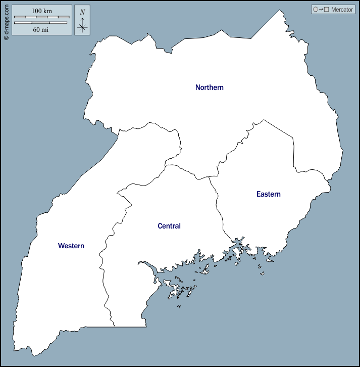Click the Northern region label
coord(209,87)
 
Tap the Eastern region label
coord(268,194)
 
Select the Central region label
coord(169,226)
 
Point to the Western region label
coord(71,246)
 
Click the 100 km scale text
coord(42,11)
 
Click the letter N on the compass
coord(82,12)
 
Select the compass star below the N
coord(82,26)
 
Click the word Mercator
coord(342,10)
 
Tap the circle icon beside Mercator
coord(316,10)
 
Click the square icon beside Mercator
coord(327,10)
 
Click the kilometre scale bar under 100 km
coord(41,17)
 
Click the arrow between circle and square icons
coord(321,10)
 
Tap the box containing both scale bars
coord(41,20)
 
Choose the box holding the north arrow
coord(82,20)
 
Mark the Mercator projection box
coord(333,10)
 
